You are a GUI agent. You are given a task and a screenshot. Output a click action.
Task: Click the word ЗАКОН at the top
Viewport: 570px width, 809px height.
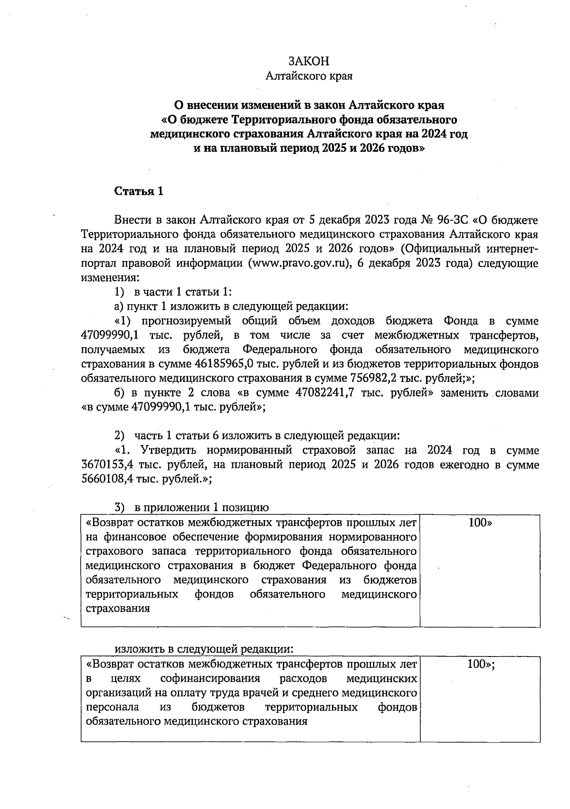click(x=309, y=61)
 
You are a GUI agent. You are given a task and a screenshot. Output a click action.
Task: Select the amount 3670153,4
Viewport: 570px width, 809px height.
click(x=106, y=465)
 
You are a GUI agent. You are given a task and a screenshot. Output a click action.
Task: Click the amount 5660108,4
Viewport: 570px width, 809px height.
click(x=106, y=479)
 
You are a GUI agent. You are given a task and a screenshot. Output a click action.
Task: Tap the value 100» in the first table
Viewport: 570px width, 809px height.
click(x=480, y=523)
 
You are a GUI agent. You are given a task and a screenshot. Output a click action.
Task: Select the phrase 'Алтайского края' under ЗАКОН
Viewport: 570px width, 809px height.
click(x=309, y=76)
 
